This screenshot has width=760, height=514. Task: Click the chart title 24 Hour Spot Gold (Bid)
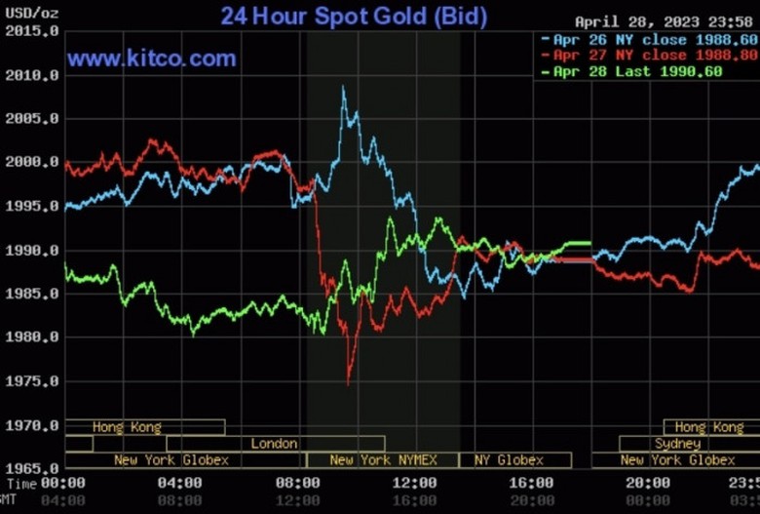[354, 16]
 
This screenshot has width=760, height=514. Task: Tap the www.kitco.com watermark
[152, 59]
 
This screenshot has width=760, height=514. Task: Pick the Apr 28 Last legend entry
[638, 71]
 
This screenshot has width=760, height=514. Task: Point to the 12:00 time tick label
[415, 483]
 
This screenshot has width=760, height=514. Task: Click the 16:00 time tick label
[532, 483]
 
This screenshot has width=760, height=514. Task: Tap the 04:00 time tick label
[179, 483]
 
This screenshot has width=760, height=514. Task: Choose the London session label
[274, 444]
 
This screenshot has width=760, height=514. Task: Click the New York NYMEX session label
[383, 459]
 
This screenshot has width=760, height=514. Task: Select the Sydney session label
[677, 444]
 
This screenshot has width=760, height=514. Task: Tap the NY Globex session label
[509, 459]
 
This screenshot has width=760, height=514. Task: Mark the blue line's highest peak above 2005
[343, 88]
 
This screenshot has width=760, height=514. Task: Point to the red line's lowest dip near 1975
[348, 382]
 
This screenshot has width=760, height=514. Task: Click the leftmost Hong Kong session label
[127, 427]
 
